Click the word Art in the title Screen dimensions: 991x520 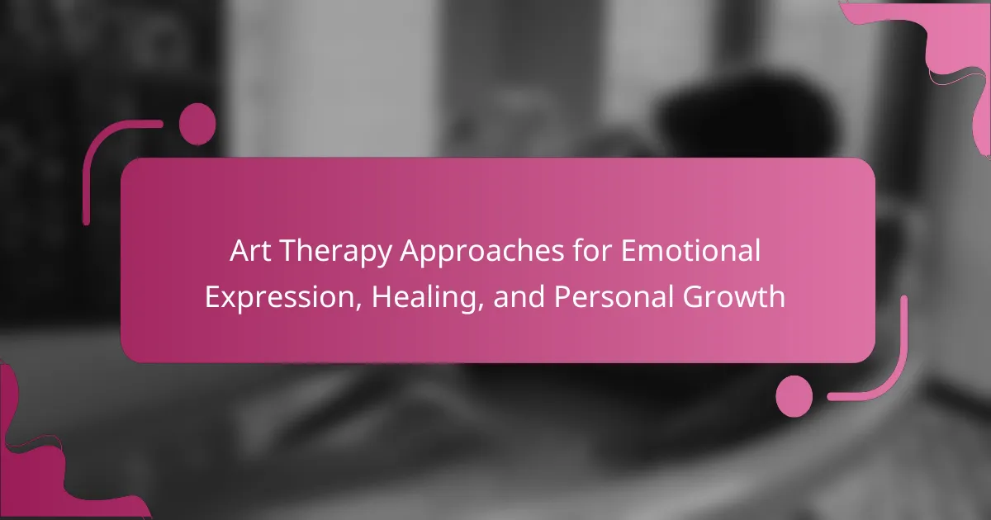pyautogui.click(x=250, y=251)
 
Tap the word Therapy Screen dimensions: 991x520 pyautogui.click(x=336, y=253)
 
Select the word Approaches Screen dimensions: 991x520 pyautogui.click(x=481, y=253)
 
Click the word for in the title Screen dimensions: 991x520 pyautogui.click(x=592, y=250)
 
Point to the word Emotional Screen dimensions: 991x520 pyautogui.click(x=690, y=250)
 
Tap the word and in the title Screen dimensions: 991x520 pyautogui.click(x=519, y=295)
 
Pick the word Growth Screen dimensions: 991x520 pyautogui.click(x=734, y=295)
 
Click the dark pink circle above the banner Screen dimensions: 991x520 pyautogui.click(x=197, y=125)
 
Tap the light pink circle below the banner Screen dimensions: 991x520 pyautogui.click(x=794, y=396)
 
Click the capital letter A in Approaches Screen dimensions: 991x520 pyautogui.click(x=410, y=251)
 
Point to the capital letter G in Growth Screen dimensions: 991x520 pyautogui.click(x=693, y=295)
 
